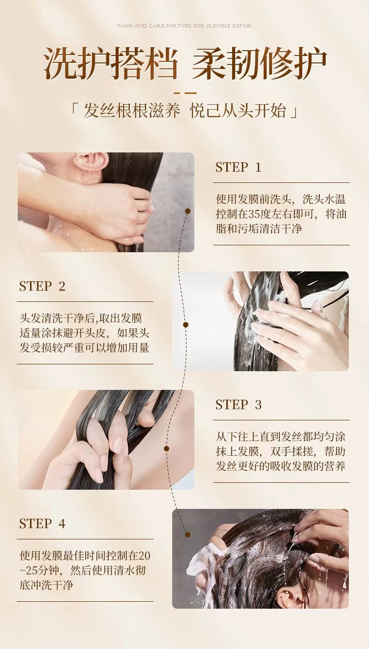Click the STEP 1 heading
238,168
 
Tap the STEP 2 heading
42,286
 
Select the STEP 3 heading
239,405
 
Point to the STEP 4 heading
42,524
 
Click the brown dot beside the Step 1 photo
187,211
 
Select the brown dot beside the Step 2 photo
186,325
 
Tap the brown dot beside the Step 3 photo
166,448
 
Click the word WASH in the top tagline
124,26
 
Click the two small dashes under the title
185,93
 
